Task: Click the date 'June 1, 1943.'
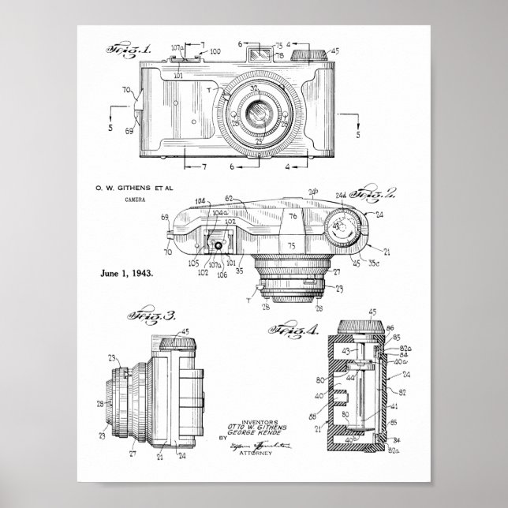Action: point(127,273)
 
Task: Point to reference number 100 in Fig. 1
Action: point(215,51)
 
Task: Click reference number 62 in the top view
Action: point(230,200)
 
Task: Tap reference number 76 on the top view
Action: point(292,215)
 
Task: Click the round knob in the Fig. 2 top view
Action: point(344,228)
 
